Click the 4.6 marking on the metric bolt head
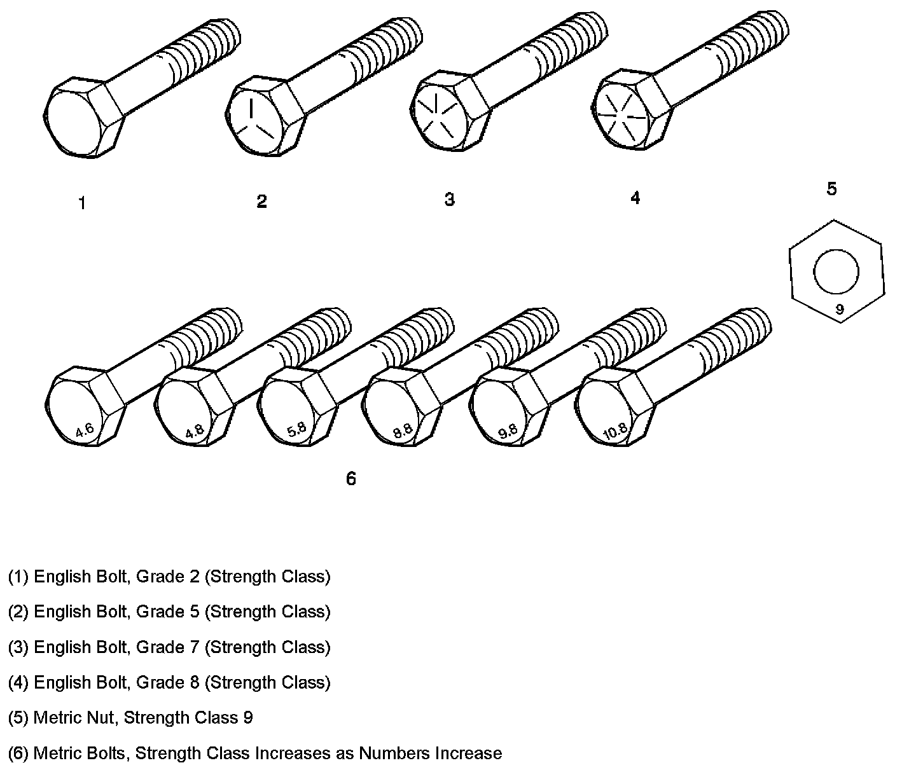point(85,430)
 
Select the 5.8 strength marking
point(296,430)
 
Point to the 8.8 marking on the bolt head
point(402,432)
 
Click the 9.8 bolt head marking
point(508,432)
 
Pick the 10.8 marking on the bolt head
point(614,432)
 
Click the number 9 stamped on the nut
point(839,310)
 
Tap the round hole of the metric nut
point(836,272)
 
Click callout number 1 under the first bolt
point(82,203)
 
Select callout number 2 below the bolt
point(261,202)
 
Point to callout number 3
point(449,200)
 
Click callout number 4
point(635,198)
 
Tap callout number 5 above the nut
point(831,189)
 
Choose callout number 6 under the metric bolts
point(350,479)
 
